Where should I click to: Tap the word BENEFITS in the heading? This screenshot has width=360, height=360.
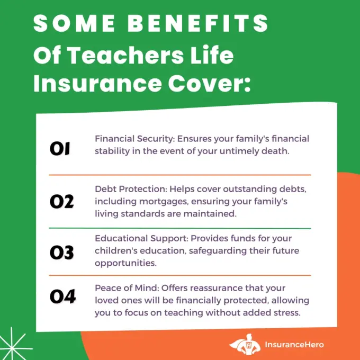[197, 23]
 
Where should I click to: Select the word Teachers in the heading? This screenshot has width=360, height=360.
[126, 55]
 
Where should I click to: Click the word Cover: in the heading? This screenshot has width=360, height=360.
[209, 83]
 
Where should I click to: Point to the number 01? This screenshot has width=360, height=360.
[60, 149]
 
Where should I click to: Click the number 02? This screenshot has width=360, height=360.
[62, 201]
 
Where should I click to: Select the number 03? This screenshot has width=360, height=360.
[62, 253]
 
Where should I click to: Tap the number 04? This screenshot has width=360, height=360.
[62, 296]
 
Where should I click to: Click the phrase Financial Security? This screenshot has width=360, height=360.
[134, 139]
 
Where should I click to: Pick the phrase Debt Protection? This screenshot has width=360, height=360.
[130, 189]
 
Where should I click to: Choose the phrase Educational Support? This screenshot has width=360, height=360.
[141, 238]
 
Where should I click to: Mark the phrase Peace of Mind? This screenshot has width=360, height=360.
[126, 288]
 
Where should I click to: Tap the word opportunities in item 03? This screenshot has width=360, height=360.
[125, 263]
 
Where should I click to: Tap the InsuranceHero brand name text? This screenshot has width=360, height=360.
[294, 345]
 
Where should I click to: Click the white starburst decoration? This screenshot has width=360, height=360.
[12, 345]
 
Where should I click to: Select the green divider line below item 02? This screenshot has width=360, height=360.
[180, 229]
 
